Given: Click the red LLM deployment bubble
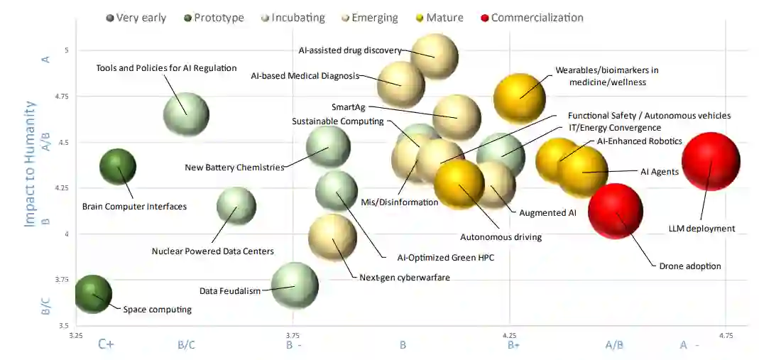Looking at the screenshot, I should click(x=711, y=161).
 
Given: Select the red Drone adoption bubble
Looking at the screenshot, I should click(x=616, y=211).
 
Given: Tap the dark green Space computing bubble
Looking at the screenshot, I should click(x=93, y=294).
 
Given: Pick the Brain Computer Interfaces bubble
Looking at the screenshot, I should click(x=118, y=168).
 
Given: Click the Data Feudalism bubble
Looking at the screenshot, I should click(x=295, y=285).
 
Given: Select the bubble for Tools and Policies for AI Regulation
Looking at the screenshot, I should click(x=186, y=114).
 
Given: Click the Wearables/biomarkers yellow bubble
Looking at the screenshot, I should click(x=520, y=98).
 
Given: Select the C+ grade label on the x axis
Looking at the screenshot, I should click(x=107, y=345).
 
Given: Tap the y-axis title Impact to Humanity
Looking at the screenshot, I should click(x=30, y=163).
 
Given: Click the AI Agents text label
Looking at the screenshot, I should click(x=660, y=172).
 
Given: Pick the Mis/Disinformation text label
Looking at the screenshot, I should click(x=400, y=202).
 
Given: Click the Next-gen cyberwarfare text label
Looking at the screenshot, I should click(x=405, y=277).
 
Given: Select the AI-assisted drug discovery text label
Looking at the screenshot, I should click(x=350, y=50).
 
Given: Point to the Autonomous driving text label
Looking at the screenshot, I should click(x=501, y=237).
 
